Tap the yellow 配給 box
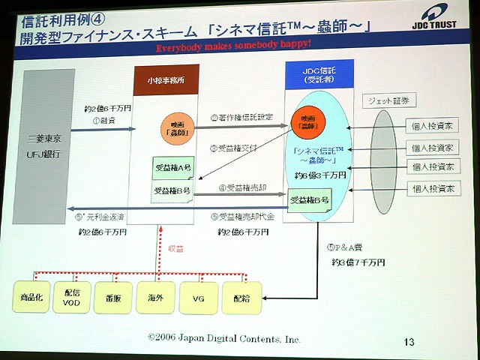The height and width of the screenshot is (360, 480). click(241, 297)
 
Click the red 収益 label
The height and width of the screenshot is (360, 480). click(175, 247)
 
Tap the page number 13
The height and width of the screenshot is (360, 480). click(409, 341)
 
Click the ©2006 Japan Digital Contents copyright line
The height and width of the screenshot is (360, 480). click(223, 339)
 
